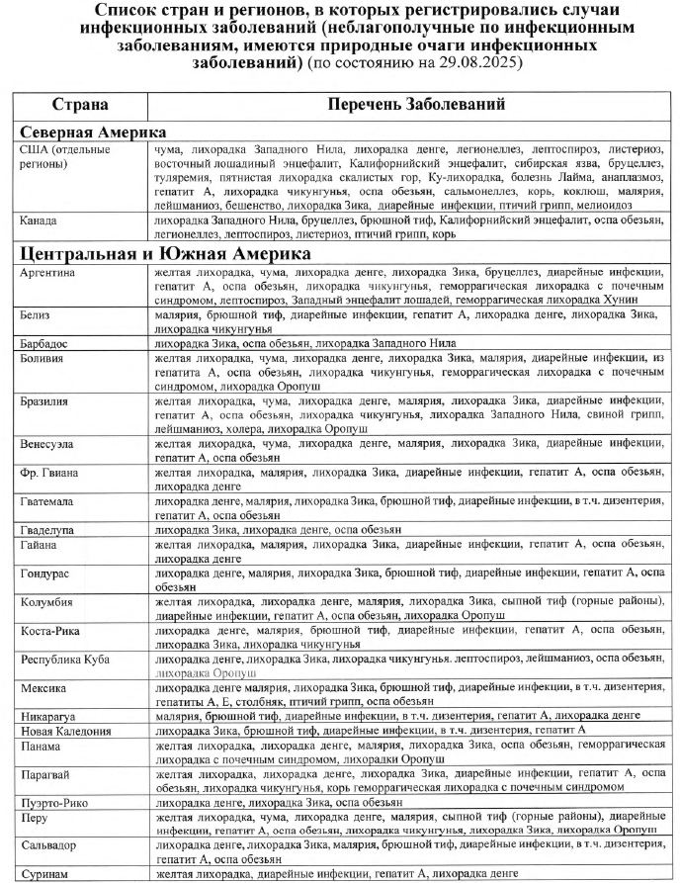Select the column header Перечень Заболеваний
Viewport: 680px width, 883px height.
coord(412,104)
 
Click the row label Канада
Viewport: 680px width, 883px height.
coord(39,220)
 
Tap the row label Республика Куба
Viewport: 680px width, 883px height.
coord(64,659)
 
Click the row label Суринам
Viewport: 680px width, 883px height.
coord(44,874)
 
